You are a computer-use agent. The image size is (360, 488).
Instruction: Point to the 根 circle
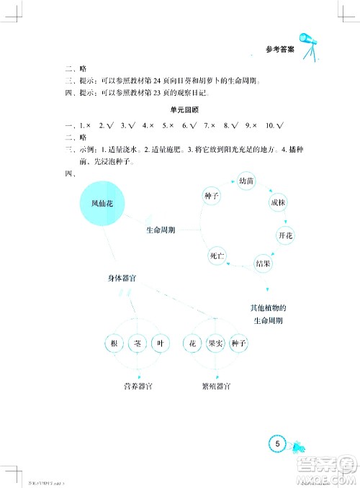[x=113, y=344]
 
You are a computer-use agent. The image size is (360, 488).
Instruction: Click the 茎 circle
[x=137, y=344]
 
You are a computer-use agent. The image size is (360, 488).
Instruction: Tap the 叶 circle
[x=161, y=344]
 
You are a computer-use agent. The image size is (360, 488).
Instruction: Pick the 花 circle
[x=193, y=344]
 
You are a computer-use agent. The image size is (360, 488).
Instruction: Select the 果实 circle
[x=216, y=344]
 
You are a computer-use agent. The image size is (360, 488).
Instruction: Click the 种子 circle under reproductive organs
[x=240, y=344]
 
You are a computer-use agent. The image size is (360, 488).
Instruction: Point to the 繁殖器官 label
[x=216, y=387]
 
